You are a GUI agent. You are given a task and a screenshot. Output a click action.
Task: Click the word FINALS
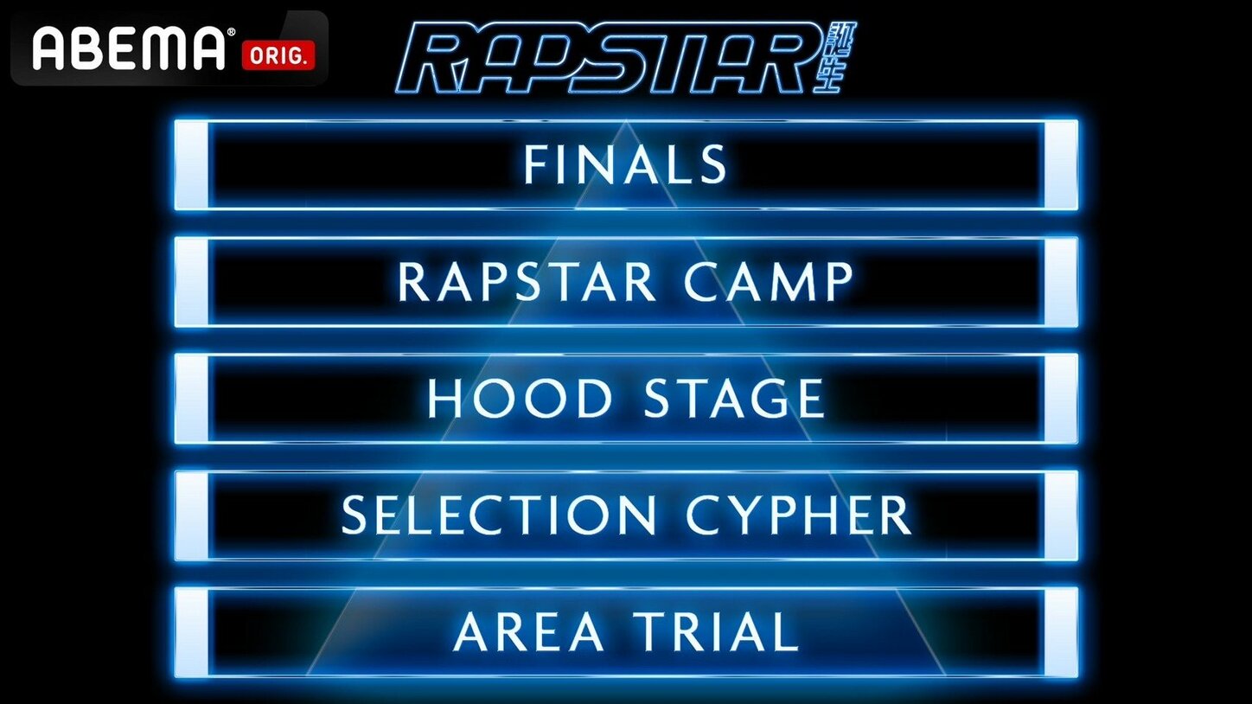[x=625, y=164]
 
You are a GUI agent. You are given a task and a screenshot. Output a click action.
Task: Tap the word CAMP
[x=769, y=282]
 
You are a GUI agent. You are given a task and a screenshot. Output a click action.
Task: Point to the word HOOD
[x=519, y=399]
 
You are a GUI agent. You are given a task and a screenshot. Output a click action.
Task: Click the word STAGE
[x=733, y=399]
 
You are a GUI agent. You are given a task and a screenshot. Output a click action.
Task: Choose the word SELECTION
[x=499, y=515]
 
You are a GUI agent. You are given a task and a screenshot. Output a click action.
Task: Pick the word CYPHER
[x=798, y=515]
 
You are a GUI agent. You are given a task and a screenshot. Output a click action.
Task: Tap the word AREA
[x=528, y=632]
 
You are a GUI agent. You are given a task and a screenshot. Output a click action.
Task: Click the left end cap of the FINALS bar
[x=192, y=165]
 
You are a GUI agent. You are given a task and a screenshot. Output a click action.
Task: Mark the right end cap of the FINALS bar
[x=1061, y=165]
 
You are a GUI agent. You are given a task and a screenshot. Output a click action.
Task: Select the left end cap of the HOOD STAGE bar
[x=192, y=399]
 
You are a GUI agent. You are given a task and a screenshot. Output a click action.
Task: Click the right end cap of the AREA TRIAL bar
[x=1061, y=632]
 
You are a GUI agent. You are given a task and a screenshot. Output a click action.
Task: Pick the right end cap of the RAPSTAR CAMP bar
[x=1061, y=282]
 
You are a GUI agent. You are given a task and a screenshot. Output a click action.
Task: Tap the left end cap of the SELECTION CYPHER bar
[x=192, y=515]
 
